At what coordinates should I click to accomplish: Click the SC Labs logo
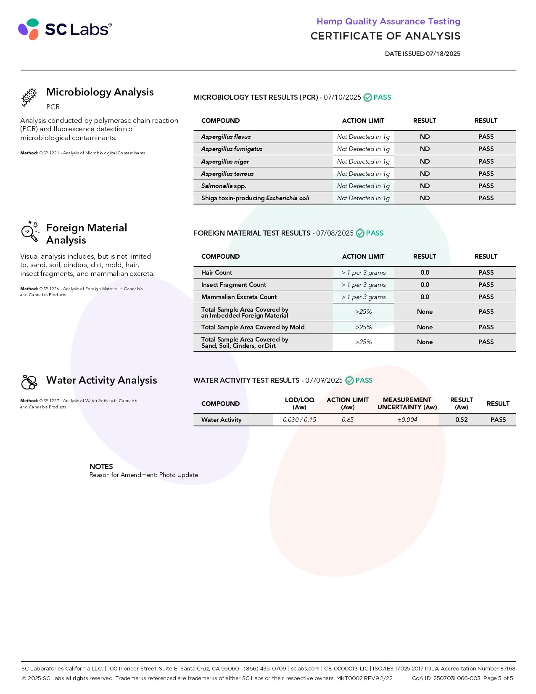click(65, 29)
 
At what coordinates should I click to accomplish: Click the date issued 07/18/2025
click(422, 54)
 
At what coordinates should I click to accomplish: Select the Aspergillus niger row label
click(225, 162)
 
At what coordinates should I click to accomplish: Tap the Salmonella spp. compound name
click(224, 186)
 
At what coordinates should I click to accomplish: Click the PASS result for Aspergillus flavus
click(486, 137)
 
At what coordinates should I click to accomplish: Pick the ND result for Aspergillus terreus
click(425, 174)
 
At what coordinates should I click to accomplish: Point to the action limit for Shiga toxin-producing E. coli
click(363, 198)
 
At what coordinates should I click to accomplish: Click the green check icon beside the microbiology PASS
click(367, 98)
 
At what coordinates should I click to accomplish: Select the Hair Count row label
click(217, 273)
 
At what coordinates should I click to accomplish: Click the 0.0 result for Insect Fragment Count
click(425, 285)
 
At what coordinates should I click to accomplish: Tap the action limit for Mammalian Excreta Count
click(363, 297)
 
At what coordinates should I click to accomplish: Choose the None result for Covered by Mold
click(425, 327)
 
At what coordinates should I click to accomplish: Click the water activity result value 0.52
click(461, 420)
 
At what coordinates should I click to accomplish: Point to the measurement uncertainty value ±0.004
click(407, 420)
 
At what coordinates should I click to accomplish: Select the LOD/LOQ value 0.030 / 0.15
click(299, 420)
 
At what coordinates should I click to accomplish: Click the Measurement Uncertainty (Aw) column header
click(407, 403)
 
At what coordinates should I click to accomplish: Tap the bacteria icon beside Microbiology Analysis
click(29, 97)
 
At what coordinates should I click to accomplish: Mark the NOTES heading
click(101, 466)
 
